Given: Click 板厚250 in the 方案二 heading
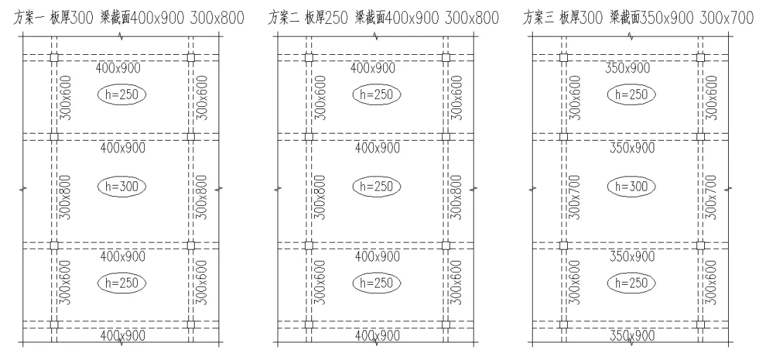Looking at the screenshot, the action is point(326,18).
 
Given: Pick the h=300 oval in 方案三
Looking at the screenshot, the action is point(631,186).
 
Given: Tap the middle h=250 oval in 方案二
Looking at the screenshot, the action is point(377,186).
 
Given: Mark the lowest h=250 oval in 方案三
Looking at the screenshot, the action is point(631,283).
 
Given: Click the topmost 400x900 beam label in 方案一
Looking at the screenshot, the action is point(118,68).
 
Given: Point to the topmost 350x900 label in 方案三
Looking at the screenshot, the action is point(628,68).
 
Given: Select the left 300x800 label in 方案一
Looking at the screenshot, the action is point(65,197).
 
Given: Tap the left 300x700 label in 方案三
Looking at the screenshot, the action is point(575,197).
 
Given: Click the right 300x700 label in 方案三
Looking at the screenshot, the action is point(712,197).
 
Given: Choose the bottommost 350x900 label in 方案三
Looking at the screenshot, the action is point(632,335).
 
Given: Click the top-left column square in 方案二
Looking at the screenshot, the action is point(309,58).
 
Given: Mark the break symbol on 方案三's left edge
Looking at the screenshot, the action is point(533,188).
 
